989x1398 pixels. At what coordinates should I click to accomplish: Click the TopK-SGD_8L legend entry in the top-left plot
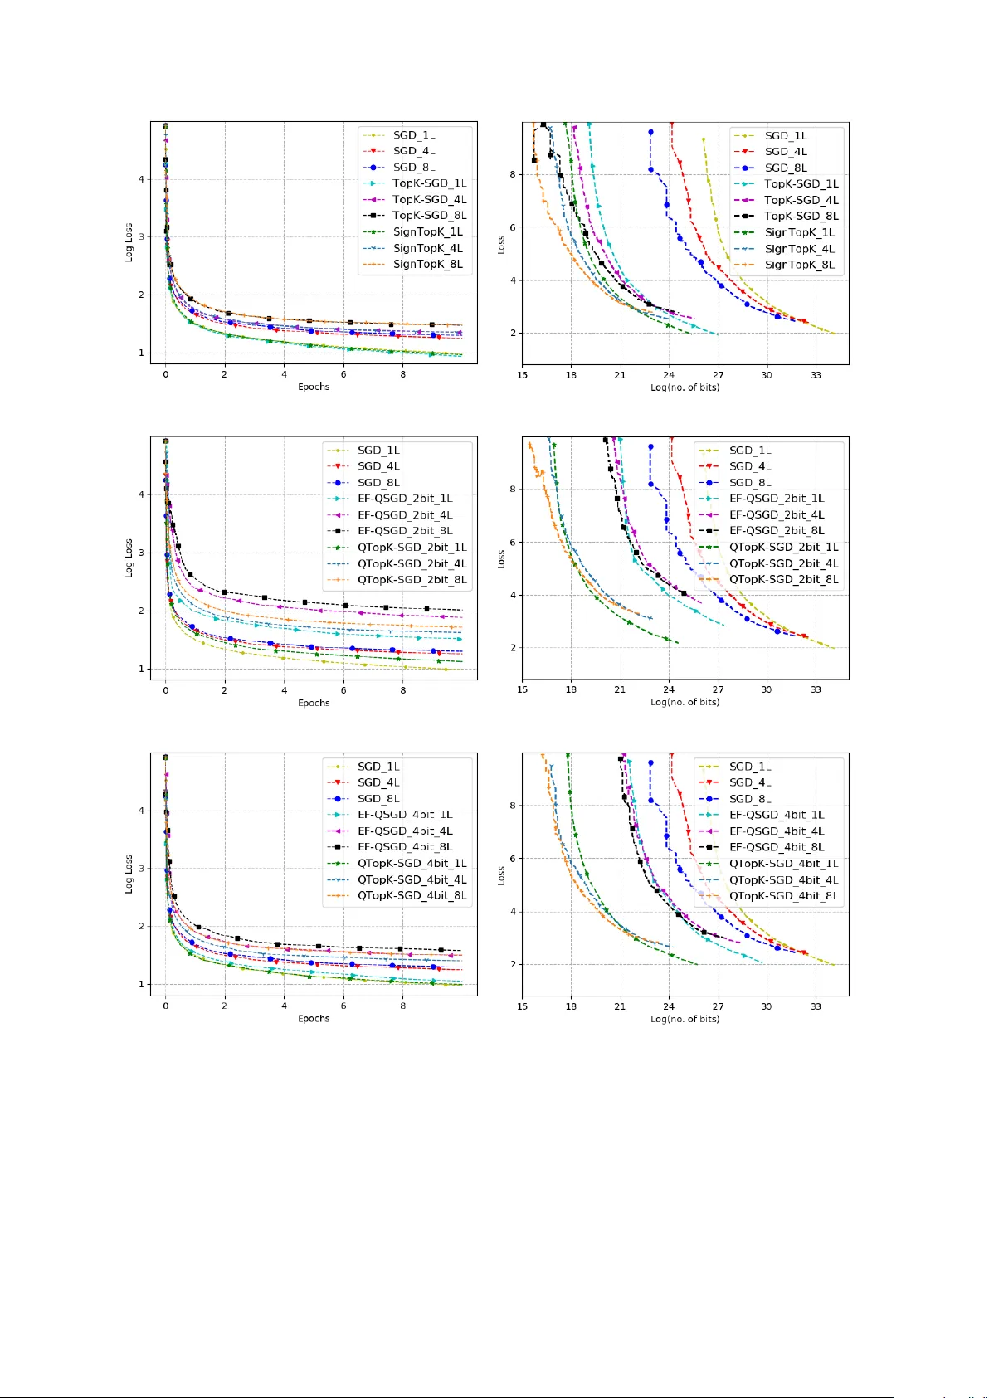click(x=429, y=216)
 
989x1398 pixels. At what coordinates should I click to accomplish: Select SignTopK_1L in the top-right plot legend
click(x=799, y=232)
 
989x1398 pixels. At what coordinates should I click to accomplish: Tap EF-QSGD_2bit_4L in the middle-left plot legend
click(x=405, y=514)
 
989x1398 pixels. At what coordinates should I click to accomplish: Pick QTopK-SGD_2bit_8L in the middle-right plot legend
click(x=783, y=579)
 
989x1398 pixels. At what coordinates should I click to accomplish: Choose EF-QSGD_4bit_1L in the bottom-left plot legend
click(x=405, y=815)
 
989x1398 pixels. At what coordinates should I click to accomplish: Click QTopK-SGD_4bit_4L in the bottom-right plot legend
click(x=783, y=879)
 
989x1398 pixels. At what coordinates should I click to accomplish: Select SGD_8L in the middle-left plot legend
click(x=378, y=482)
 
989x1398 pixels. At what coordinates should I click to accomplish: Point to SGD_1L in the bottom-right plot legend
click(x=750, y=767)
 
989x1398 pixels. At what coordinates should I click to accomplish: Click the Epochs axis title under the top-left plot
click(x=314, y=387)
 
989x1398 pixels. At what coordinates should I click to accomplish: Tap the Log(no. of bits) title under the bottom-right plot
click(x=685, y=1019)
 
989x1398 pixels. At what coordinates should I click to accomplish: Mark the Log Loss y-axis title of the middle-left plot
click(x=129, y=558)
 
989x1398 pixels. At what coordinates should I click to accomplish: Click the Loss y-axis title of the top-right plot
click(x=501, y=244)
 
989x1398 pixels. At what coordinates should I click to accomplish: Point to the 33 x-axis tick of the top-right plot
click(x=816, y=375)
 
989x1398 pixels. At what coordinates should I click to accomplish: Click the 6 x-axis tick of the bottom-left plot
click(x=343, y=1006)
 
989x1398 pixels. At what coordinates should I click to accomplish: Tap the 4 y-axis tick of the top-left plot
click(x=142, y=179)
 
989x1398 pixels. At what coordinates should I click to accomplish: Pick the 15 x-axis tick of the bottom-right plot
click(x=522, y=1006)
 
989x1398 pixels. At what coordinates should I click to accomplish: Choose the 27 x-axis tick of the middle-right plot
click(x=718, y=689)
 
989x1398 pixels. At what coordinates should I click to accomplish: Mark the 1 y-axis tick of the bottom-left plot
click(x=142, y=985)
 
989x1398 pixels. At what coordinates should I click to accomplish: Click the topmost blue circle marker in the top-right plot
click(x=650, y=132)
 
